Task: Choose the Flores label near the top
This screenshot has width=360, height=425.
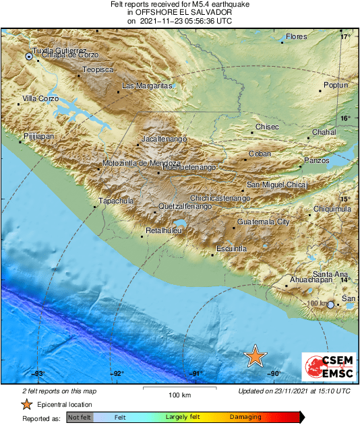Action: pos(296,36)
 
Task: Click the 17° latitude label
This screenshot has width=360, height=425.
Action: pos(345,37)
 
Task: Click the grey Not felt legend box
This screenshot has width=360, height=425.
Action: pos(80,418)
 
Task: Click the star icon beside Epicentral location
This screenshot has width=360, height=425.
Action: pos(26,405)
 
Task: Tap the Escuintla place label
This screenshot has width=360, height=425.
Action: pos(231,249)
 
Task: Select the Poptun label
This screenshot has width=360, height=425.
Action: pos(336,86)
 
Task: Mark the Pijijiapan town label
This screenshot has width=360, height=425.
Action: pos(38,136)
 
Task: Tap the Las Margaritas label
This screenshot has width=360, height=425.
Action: pos(147,86)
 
